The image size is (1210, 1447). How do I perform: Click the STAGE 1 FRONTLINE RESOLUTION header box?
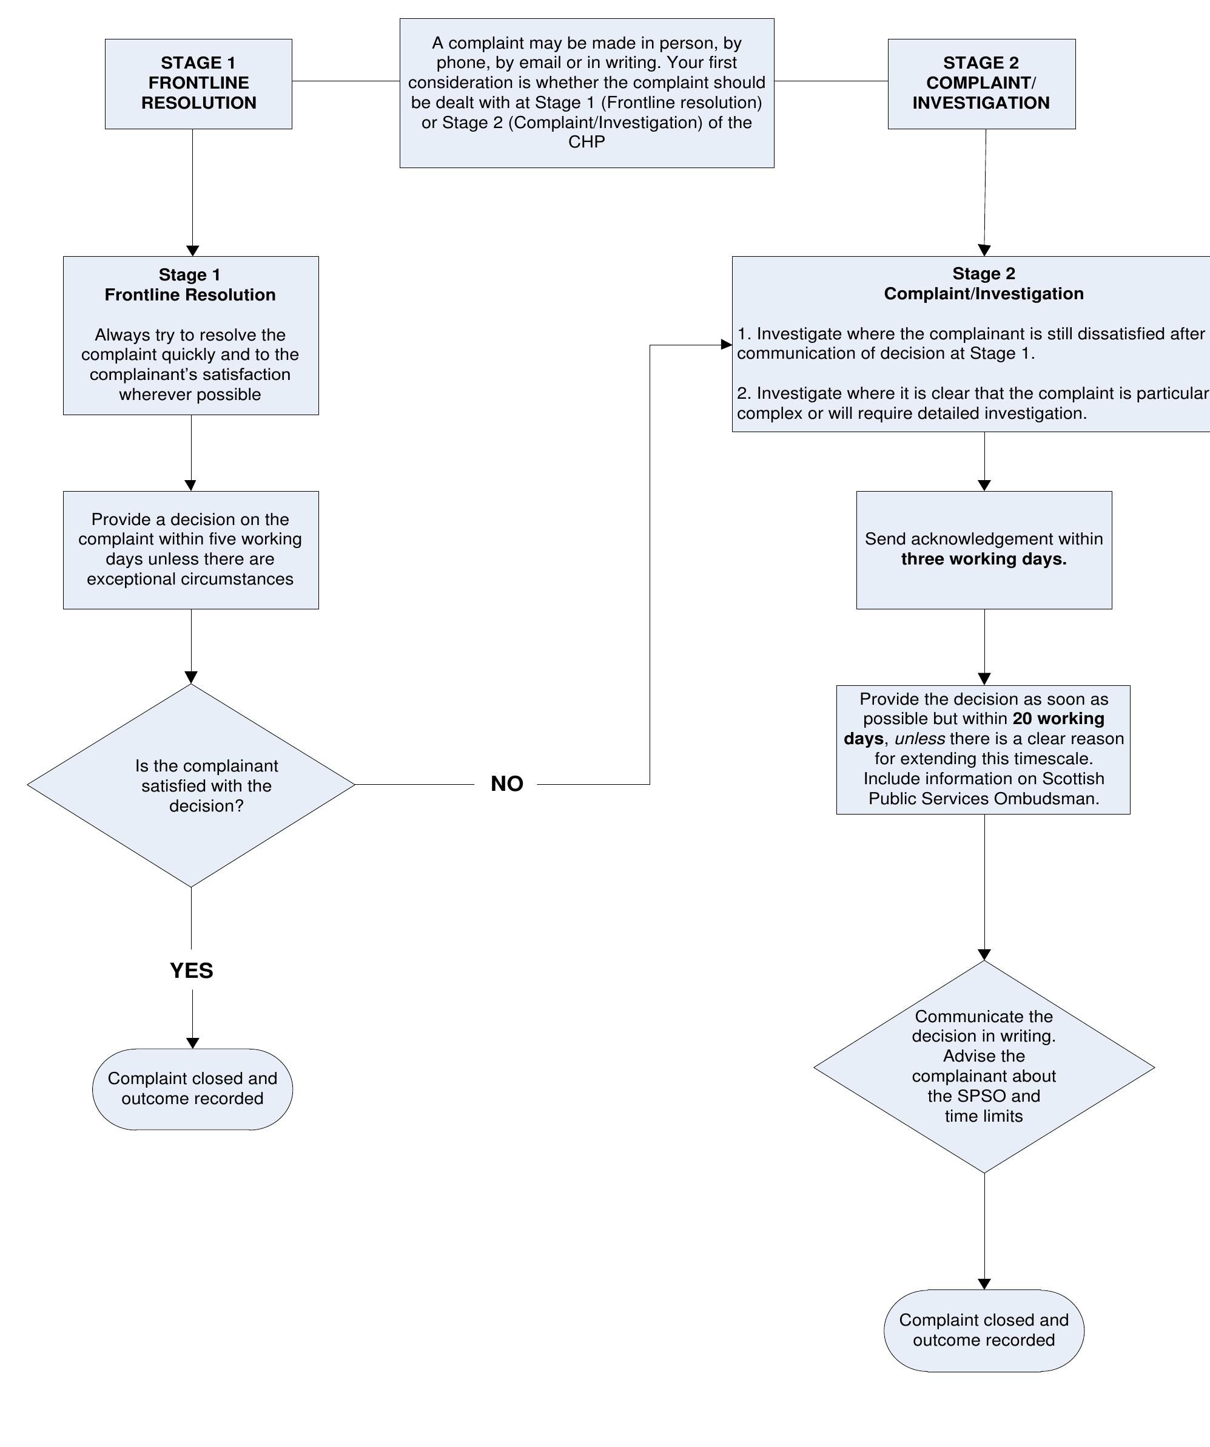click(x=198, y=83)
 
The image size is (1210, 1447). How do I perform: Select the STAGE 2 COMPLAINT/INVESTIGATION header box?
click(x=981, y=83)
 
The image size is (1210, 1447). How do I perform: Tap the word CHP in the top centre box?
click(x=586, y=142)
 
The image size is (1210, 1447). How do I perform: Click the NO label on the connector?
click(x=507, y=784)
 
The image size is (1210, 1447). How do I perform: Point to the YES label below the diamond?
click(x=192, y=970)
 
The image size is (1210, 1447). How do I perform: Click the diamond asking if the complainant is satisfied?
click(x=192, y=785)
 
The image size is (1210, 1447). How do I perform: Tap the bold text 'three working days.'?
click(x=983, y=559)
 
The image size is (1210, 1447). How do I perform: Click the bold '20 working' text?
click(x=1058, y=719)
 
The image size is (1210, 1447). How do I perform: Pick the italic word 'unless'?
click(x=919, y=739)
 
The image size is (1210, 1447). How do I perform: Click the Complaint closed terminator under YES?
click(x=192, y=1089)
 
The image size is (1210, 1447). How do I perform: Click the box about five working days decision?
click(x=191, y=549)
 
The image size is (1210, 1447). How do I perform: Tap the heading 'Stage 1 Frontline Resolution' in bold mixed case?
click(x=190, y=285)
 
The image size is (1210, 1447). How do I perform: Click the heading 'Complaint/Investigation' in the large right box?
click(x=983, y=294)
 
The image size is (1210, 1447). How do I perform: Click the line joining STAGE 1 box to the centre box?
click(x=345, y=81)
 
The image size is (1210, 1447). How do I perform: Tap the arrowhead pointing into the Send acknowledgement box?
click(x=984, y=485)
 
